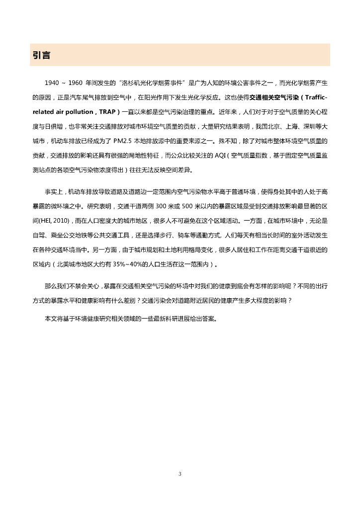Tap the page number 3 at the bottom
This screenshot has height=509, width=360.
[180, 474]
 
